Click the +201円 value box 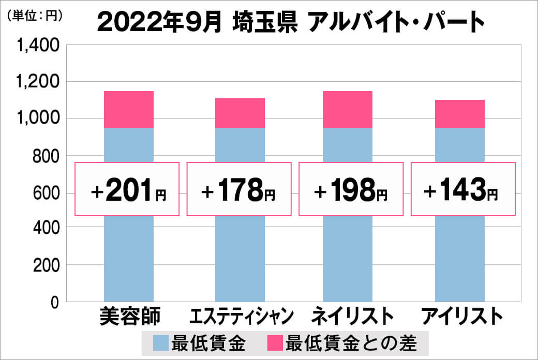(127, 189)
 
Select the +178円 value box (238, 189)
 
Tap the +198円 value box (350, 189)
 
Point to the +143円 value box (463, 189)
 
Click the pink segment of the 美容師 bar (129, 110)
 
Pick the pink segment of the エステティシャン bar (240, 113)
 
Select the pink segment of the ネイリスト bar (347, 110)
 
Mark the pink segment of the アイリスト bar (459, 114)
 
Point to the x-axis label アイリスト (461, 316)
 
